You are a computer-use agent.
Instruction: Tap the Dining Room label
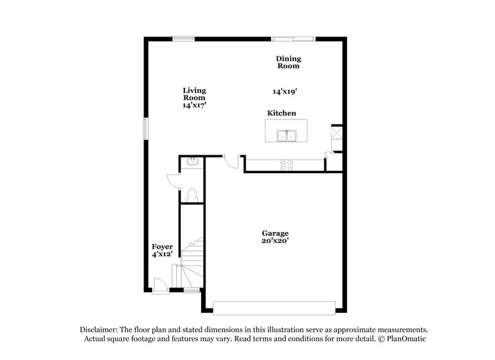point(288,62)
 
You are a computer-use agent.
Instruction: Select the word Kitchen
point(282,113)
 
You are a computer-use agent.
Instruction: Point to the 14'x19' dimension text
point(285,91)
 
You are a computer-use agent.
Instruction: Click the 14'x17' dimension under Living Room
point(194,106)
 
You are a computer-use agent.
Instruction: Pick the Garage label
point(274,233)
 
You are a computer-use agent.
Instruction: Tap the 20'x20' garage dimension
point(274,241)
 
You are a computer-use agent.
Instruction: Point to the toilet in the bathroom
point(191,195)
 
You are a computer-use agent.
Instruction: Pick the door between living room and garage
point(230,161)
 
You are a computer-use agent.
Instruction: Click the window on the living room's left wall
point(147,128)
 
